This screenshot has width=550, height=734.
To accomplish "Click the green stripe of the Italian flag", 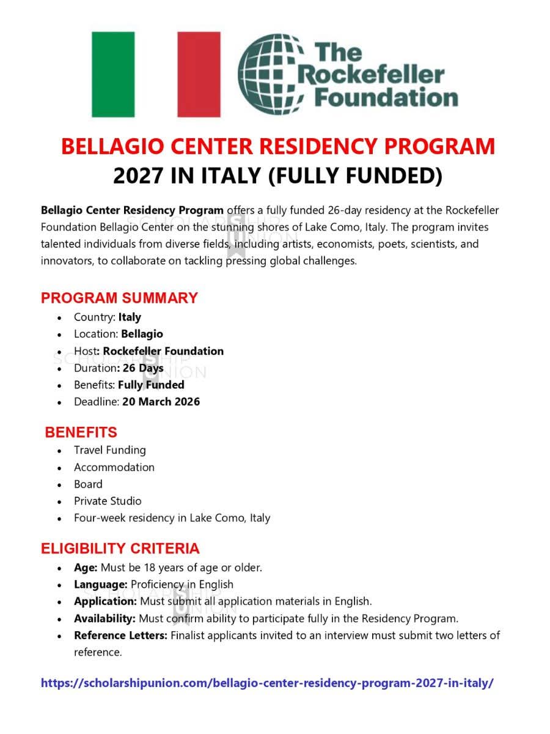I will pos(113,74).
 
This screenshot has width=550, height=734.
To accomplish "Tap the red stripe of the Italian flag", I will pos(199,74).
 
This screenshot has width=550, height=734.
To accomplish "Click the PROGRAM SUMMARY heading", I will pos(119,298).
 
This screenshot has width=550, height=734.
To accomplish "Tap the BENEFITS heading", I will pos(81,432).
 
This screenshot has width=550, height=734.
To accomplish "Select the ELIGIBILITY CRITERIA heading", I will pos(120,548).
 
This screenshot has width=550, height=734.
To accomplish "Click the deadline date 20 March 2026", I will pos(161,402).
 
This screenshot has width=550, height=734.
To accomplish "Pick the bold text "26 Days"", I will pos(143,368).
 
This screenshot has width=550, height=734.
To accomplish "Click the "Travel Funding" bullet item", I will pos(110,450).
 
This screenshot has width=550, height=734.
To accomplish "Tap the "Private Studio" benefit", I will pos(108,501).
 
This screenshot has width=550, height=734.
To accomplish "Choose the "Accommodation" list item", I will pos(114,467).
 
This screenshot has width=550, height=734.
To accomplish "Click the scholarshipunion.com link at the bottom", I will pos(267,683).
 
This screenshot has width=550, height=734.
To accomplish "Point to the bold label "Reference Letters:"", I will pos(120,635).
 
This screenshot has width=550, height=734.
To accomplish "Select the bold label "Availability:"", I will pos(105,618).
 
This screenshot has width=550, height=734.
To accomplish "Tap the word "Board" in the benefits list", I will pos(88,484).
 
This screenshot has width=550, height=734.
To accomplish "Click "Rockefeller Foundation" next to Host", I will pos(163,351).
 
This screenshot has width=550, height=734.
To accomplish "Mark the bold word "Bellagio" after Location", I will pos(142,334).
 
